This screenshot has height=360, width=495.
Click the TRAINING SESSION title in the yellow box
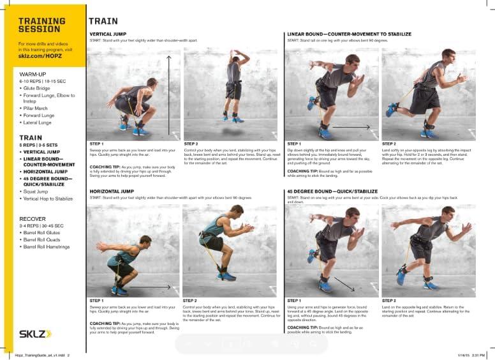tap(40, 24)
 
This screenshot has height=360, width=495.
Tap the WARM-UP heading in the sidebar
tap(32, 75)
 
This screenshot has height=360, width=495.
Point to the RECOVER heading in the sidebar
tap(32, 218)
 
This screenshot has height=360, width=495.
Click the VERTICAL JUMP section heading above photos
tap(108, 34)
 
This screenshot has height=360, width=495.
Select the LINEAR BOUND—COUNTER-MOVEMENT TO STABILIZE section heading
tap(349, 34)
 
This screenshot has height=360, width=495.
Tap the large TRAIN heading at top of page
tap(102, 21)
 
